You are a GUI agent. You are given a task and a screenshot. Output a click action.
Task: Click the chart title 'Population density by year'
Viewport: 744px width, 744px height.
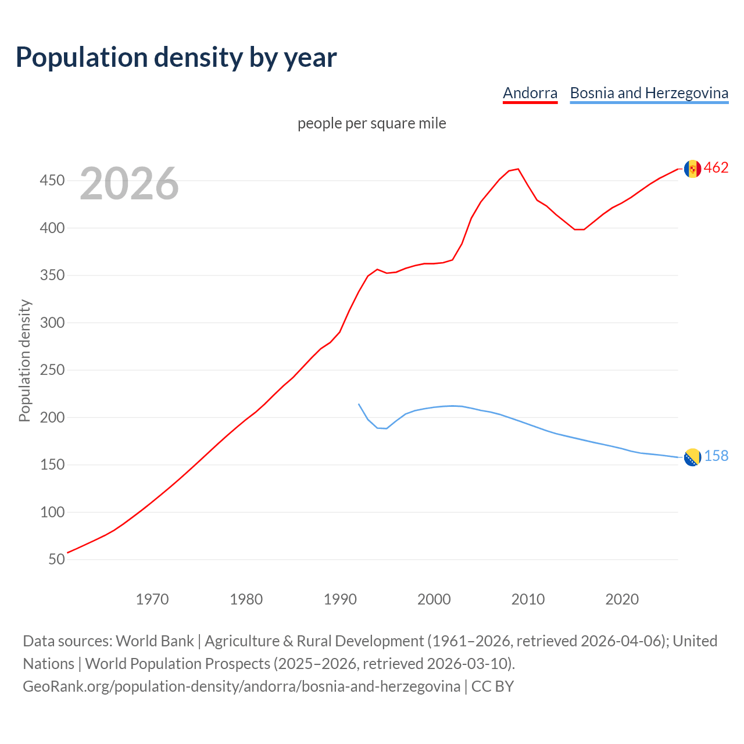coord(176,58)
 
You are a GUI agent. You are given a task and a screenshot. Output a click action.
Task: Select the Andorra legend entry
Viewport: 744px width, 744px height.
coord(530,93)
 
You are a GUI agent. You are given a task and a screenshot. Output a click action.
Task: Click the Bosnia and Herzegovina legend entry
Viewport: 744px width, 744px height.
coord(649,93)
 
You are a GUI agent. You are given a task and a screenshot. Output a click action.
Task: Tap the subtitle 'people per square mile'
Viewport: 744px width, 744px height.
coord(371,123)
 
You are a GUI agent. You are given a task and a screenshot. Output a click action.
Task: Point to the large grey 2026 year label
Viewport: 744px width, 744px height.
coord(129,184)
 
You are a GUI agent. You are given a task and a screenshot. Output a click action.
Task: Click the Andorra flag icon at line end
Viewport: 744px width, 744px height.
coord(692,169)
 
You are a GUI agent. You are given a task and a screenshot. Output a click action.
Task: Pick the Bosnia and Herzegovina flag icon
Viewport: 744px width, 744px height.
coord(692,457)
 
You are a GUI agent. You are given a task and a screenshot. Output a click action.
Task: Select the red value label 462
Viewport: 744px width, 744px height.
coord(716,168)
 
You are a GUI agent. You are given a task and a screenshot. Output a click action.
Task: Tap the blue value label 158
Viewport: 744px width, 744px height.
coord(716,456)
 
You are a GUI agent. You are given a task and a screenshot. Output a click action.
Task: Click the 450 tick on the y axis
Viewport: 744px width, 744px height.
coord(52,181)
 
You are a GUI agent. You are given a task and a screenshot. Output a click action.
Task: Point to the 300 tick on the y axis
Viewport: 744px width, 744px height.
coord(52,323)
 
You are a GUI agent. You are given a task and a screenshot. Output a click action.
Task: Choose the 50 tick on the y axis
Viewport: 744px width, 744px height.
coord(56,559)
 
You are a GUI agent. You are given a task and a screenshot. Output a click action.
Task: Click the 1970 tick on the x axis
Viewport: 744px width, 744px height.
coord(152,599)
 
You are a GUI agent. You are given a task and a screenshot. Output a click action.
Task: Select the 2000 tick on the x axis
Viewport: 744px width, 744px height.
coord(434,599)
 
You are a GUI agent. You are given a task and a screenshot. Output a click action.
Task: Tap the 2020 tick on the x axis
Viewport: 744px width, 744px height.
coord(622,599)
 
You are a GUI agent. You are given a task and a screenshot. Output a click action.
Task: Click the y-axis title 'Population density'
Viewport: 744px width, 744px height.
coord(24,360)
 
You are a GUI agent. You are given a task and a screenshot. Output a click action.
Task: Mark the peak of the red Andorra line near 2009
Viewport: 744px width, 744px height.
coord(518,169)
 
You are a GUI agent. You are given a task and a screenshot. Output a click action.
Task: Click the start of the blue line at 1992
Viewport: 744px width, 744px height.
coord(359,404)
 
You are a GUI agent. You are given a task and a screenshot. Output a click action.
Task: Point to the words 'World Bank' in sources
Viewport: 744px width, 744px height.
coord(155,641)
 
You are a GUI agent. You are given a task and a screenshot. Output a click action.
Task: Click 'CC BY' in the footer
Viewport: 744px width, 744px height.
coord(492,686)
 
